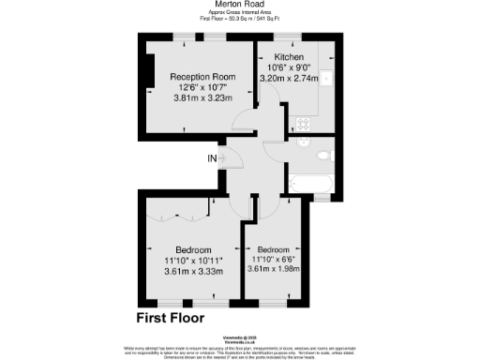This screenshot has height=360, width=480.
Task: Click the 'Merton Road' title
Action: point(239,6)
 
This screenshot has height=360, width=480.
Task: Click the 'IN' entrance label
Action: point(213,157)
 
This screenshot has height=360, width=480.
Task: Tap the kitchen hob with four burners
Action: point(304,123)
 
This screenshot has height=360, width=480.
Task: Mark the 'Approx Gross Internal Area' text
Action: point(239,13)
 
